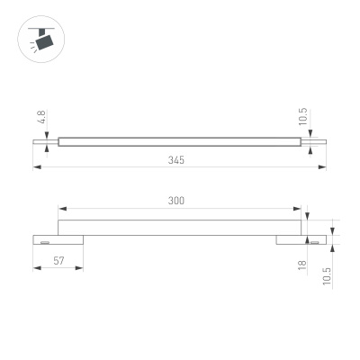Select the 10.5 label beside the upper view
[x=303, y=116]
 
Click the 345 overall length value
[x=176, y=159]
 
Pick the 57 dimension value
[x=58, y=260]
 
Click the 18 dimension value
[x=303, y=265]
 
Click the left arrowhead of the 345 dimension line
[x=36, y=166]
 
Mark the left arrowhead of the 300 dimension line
[x=60, y=209]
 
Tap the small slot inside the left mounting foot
[x=43, y=241]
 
